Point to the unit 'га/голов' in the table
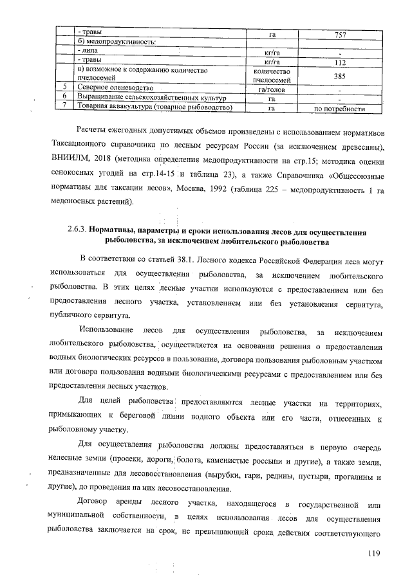pyautogui.click(x=271, y=88)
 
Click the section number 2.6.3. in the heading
pyautogui.click(x=77, y=230)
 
